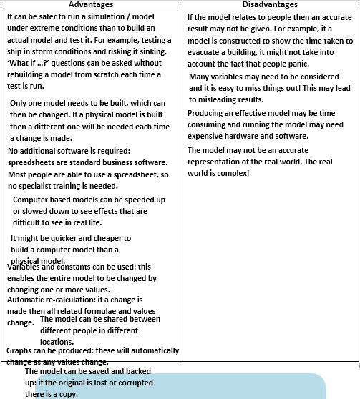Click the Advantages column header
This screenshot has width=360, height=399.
click(90, 5)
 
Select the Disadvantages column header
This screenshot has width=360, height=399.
click(269, 5)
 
